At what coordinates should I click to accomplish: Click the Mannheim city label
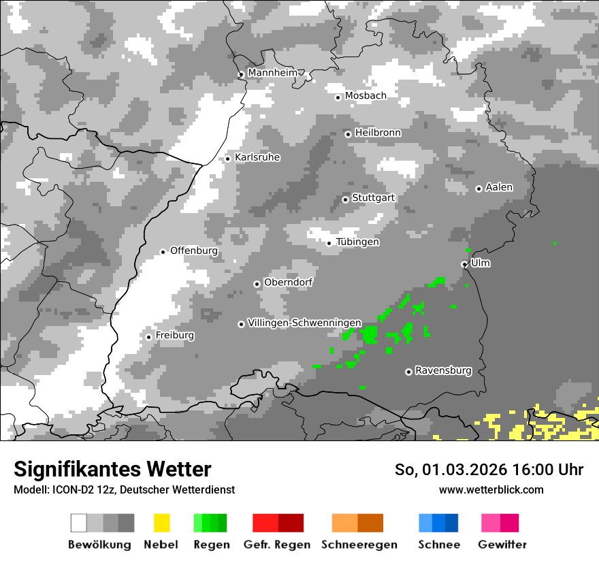tap(272, 73)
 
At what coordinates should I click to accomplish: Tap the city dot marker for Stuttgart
tap(346, 199)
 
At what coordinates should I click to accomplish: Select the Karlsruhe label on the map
tap(257, 157)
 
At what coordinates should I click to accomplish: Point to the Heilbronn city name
tap(378, 133)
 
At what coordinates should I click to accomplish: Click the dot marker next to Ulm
tap(464, 264)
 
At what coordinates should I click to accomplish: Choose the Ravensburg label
tap(443, 370)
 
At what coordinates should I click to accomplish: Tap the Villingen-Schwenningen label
tap(304, 323)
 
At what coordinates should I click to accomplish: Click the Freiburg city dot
tap(148, 337)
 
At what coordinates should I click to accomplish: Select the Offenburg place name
tap(194, 251)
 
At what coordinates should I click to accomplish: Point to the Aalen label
tap(499, 187)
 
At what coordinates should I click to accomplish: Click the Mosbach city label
tap(366, 96)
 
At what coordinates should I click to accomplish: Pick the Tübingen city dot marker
tap(329, 243)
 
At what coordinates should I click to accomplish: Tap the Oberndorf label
tap(288, 282)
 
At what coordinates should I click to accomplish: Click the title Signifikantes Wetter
tap(112, 470)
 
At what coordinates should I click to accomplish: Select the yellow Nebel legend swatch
tap(161, 523)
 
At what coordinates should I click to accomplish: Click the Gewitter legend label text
tap(502, 545)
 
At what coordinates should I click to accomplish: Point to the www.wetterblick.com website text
tap(491, 489)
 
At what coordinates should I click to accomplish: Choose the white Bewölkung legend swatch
tap(79, 523)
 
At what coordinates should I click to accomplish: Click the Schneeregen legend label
tap(359, 545)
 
